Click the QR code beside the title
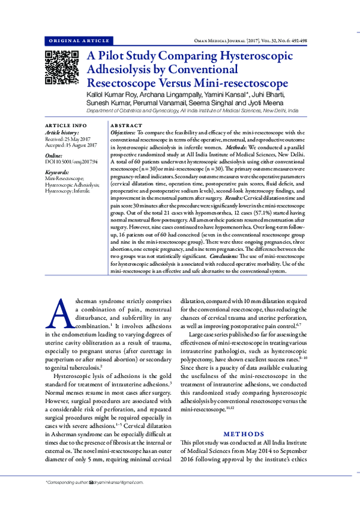(x=62, y=67)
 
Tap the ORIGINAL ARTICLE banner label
(x=78, y=41)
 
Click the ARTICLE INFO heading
(x=66, y=125)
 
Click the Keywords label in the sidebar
(x=58, y=172)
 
